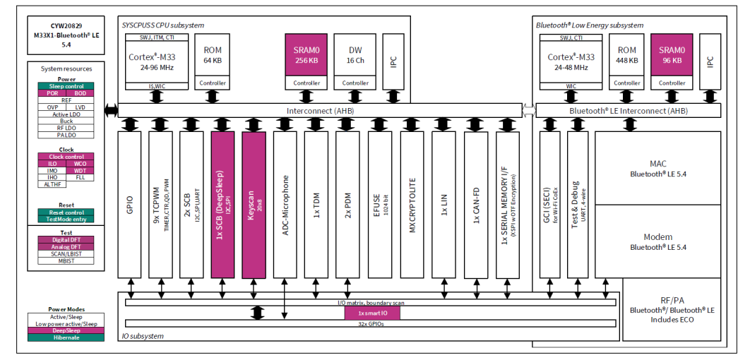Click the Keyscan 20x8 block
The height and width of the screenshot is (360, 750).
tap(254, 205)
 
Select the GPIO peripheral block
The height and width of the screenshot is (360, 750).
tap(130, 205)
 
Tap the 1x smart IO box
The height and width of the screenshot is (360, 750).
tap(372, 313)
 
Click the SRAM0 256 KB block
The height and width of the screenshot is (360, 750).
tap(306, 54)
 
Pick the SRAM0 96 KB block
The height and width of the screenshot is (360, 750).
tap(672, 54)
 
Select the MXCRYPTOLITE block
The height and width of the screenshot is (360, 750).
tap(412, 205)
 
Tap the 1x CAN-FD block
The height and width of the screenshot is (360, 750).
tap(476, 205)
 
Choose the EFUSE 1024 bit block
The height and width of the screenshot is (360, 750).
tap(380, 205)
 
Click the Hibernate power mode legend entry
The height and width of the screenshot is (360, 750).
tap(66, 337)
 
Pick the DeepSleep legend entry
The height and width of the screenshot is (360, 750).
tap(66, 330)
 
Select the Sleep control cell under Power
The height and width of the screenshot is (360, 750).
tap(66, 87)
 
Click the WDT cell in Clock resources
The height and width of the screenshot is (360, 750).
tap(80, 171)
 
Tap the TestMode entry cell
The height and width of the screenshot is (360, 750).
tap(66, 220)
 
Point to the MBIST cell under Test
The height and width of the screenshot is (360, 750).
tap(66, 261)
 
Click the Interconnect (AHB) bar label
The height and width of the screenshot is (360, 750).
tap(319, 110)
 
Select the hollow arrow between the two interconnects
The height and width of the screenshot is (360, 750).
tap(529, 110)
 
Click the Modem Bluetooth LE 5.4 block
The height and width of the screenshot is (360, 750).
tap(657, 242)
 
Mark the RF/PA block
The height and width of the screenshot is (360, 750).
tap(672, 309)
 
